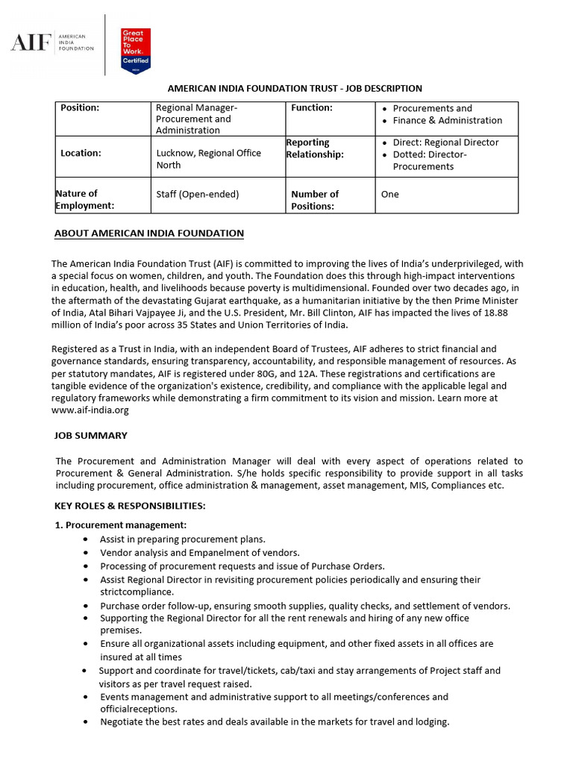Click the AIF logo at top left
[x=52, y=43]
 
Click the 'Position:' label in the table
[x=80, y=108]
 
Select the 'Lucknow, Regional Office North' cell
[x=208, y=159]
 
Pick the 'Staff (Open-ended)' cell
[x=197, y=194]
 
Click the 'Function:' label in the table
[x=312, y=108]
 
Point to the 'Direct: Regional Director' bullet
[x=445, y=143]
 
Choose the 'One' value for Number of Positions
[x=389, y=194]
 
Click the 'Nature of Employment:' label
[x=84, y=199]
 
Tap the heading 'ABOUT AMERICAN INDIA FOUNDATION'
[x=149, y=234]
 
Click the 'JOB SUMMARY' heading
[x=91, y=436]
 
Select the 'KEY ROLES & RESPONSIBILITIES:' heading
[x=130, y=506]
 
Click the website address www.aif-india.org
[x=90, y=410]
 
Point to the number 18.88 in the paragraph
[x=509, y=313]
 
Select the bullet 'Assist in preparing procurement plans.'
[x=183, y=539]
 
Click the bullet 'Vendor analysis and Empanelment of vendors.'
[x=200, y=553]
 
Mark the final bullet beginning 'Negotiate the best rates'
[x=275, y=722]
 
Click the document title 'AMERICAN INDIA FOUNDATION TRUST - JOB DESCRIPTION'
[x=294, y=89]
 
